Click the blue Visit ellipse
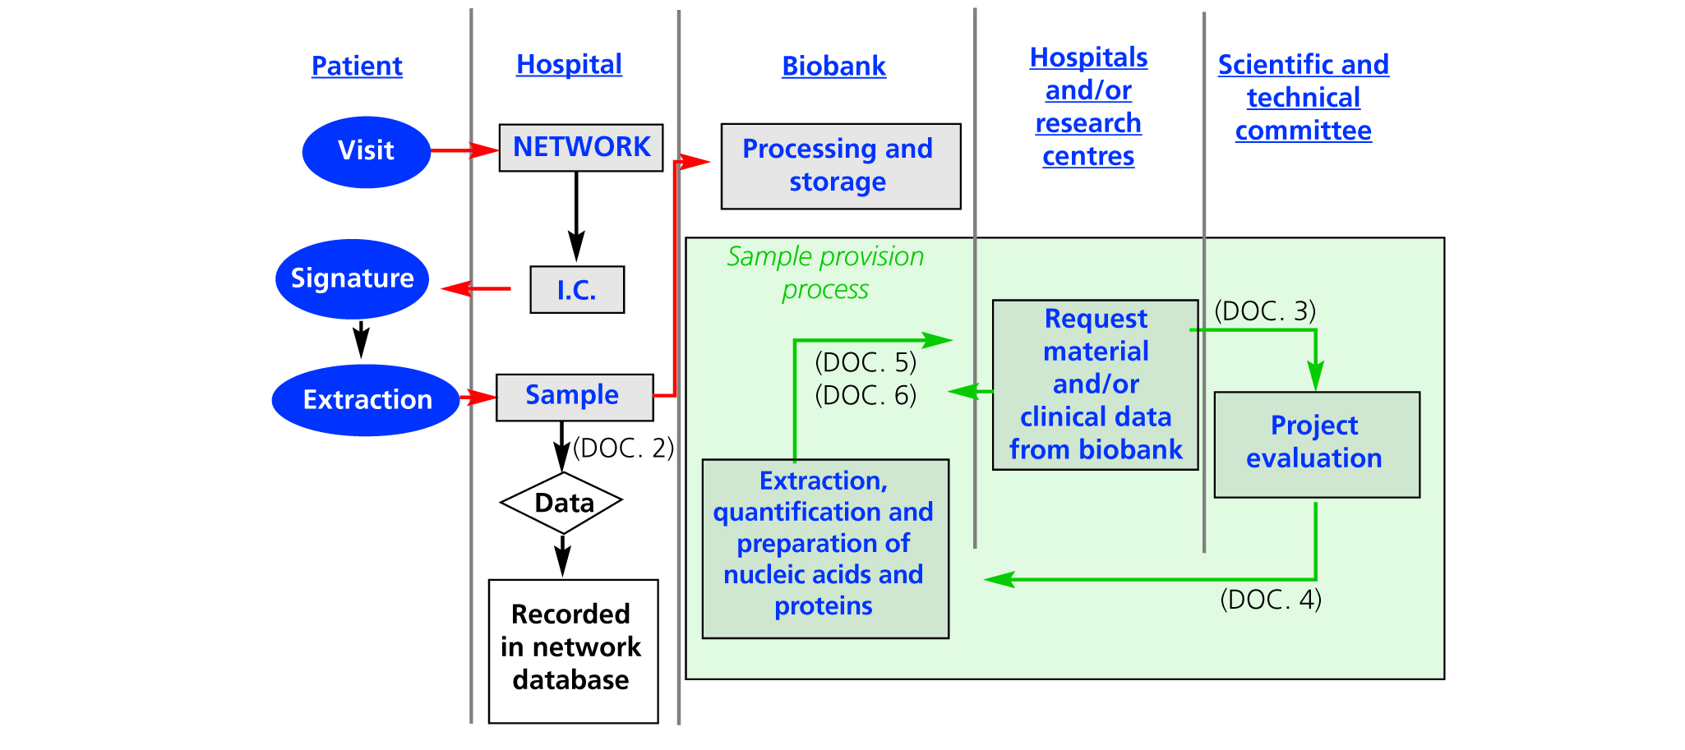[x=366, y=152]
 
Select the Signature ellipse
[x=352, y=279]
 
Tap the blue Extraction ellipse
[x=366, y=400]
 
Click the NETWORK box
[x=581, y=148]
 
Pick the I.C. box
[x=577, y=290]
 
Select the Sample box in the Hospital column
[x=575, y=397]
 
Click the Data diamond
[x=562, y=503]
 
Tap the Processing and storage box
[x=840, y=166]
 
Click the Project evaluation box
[x=1316, y=444]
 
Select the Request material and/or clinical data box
[x=1095, y=384]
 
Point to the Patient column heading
[x=357, y=66]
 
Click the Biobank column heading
[x=833, y=66]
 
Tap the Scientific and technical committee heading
[x=1303, y=97]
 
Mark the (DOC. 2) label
[x=623, y=449]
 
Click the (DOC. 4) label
[x=1270, y=600]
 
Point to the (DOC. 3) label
[x=1265, y=311]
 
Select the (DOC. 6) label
[x=865, y=396]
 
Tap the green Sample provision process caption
[x=825, y=273]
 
